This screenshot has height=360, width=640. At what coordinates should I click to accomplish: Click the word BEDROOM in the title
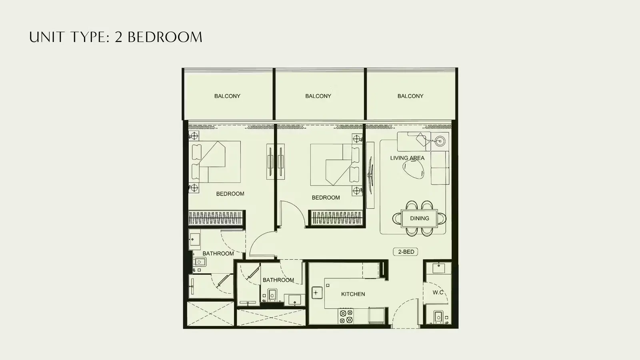[x=165, y=37]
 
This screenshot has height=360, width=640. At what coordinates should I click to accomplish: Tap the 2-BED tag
[x=406, y=252]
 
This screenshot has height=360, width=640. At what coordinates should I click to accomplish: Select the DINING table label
[x=420, y=218]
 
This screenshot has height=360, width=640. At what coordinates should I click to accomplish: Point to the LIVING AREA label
[x=408, y=158]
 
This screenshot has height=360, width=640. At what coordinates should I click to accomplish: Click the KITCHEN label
[x=353, y=294]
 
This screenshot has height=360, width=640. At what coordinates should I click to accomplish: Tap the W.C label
[x=438, y=292]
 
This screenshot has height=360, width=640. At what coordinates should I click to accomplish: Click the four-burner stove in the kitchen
[x=346, y=316]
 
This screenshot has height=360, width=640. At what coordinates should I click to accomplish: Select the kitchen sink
[x=317, y=293]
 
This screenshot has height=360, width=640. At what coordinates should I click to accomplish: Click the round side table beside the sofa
[x=440, y=140]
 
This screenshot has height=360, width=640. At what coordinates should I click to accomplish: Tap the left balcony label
[x=227, y=96]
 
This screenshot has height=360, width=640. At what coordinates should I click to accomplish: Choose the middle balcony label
[x=318, y=96]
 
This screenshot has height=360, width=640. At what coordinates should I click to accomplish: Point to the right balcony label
[x=410, y=96]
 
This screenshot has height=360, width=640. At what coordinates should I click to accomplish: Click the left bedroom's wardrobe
[x=216, y=218]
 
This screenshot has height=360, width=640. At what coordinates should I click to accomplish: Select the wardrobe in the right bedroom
[x=336, y=218]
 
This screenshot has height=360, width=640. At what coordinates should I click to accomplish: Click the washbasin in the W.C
[x=438, y=268]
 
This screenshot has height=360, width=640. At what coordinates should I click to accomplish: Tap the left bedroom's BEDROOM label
[x=230, y=194]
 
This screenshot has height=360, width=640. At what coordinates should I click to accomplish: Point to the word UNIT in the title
[x=46, y=37]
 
